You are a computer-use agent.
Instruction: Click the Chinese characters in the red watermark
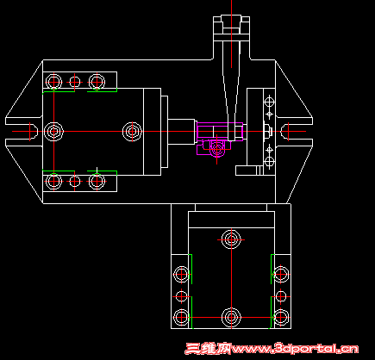coord(209,349)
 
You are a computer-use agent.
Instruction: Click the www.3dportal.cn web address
coord(296,349)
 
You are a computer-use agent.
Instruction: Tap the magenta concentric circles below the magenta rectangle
coord(217,149)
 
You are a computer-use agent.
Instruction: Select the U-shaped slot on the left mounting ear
coord(33,131)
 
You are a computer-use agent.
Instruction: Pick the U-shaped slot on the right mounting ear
coord(285,131)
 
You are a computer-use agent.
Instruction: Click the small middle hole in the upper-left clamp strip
coord(75,82)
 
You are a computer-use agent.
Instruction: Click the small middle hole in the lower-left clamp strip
coord(75,182)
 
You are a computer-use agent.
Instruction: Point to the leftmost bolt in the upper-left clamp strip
coord(53,82)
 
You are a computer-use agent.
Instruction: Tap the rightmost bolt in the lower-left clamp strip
coord(97,182)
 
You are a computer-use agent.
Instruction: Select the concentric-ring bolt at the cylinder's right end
coord(132,132)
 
